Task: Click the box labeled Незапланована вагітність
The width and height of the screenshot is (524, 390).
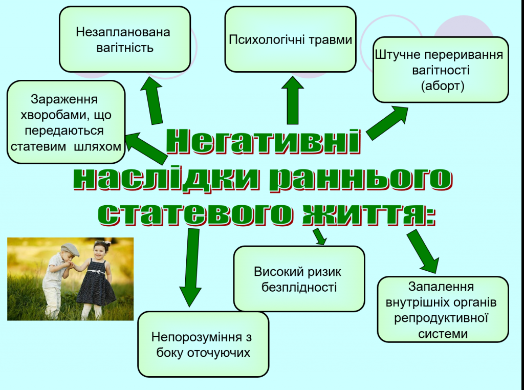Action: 125,39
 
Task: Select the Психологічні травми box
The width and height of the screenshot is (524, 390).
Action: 290,39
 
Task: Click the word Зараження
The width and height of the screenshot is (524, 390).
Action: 64,99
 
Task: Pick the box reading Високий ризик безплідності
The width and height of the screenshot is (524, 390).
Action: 299,279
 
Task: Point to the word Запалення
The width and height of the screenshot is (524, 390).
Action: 441,287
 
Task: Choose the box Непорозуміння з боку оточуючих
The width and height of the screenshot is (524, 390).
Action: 203,344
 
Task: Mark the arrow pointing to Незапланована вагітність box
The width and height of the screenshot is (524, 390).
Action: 153,100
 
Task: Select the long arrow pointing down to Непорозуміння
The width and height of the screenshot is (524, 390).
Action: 191,267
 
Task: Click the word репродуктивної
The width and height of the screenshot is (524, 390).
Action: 442,318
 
